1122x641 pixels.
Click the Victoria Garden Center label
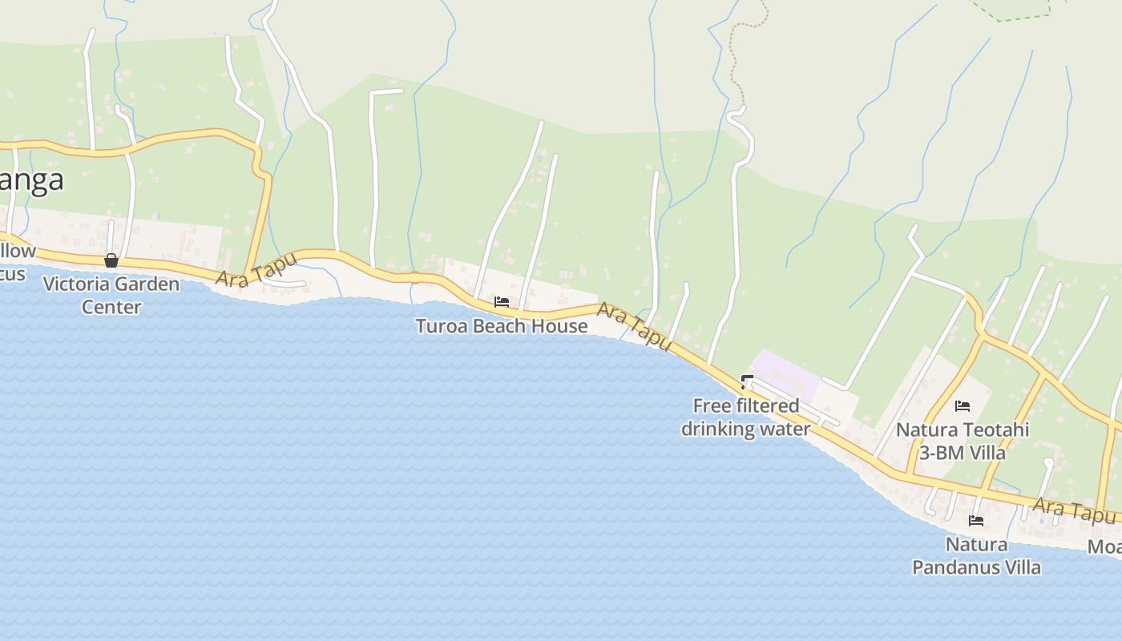click(x=111, y=295)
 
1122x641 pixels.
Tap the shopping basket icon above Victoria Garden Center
click(x=111, y=260)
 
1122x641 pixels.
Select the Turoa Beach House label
click(x=501, y=326)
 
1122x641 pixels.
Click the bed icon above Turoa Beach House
click(x=502, y=302)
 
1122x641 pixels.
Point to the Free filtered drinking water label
click(x=745, y=417)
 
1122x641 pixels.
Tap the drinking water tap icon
click(x=748, y=381)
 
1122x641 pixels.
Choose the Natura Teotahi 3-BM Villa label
click(x=962, y=441)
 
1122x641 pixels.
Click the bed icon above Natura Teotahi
click(x=963, y=406)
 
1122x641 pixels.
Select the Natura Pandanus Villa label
click(x=976, y=556)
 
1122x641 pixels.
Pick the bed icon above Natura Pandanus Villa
click(x=976, y=521)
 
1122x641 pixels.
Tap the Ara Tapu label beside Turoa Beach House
click(x=634, y=325)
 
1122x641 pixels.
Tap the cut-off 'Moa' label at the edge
click(x=1104, y=546)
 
